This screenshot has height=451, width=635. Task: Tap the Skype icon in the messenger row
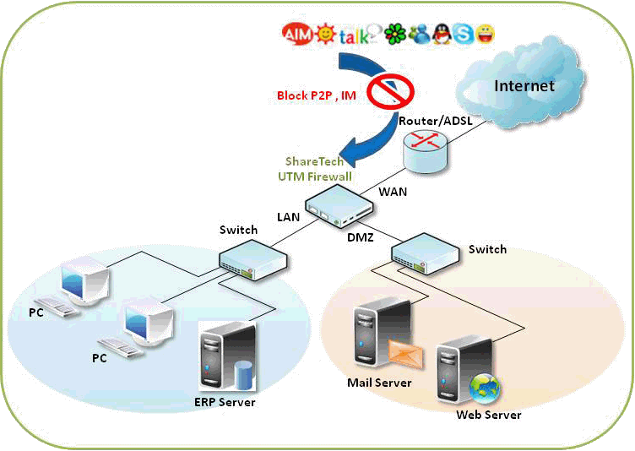coord(462,34)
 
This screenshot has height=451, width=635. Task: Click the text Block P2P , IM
coord(317,96)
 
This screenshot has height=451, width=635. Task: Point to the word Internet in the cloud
coord(524,85)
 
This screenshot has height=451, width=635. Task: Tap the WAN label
coord(393,192)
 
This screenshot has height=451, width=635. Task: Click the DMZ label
coord(361,239)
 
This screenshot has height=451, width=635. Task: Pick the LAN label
coord(289,217)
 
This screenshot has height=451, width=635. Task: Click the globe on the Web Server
coord(485,389)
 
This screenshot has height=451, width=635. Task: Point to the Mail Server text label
coord(379,383)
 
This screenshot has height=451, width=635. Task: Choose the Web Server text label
coord(488,415)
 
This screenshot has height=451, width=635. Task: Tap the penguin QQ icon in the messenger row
coord(440,34)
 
